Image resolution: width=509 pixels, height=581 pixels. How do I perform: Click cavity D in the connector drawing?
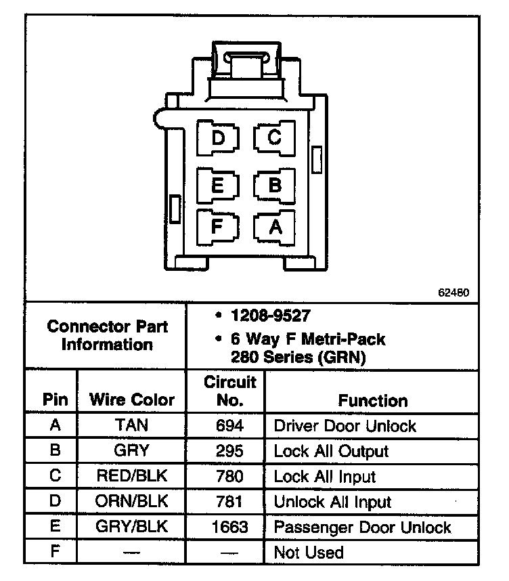[x=218, y=138]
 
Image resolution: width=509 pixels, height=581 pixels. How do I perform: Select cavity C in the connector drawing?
[x=274, y=138]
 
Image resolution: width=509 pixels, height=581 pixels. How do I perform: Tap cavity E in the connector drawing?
[x=218, y=184]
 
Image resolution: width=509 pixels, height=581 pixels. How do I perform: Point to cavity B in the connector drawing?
[x=274, y=184]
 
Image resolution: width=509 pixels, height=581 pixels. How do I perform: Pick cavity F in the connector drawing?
[x=217, y=225]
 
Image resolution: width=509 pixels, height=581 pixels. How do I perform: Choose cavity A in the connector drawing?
[x=274, y=226]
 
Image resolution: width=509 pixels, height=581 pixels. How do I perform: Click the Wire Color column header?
[x=132, y=400]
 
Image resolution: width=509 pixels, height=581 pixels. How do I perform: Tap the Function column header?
[x=373, y=400]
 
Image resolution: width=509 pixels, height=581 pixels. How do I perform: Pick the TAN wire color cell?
[x=132, y=425]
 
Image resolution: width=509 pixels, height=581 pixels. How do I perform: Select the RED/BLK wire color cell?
[x=132, y=476]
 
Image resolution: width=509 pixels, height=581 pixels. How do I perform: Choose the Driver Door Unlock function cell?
[x=345, y=426]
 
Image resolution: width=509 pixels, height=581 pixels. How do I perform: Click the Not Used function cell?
[x=308, y=553]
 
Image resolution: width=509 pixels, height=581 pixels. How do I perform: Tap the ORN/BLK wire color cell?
[x=132, y=502]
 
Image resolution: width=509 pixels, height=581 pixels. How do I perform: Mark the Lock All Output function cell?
[x=331, y=451]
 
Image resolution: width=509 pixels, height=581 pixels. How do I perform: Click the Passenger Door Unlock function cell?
[x=362, y=527]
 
